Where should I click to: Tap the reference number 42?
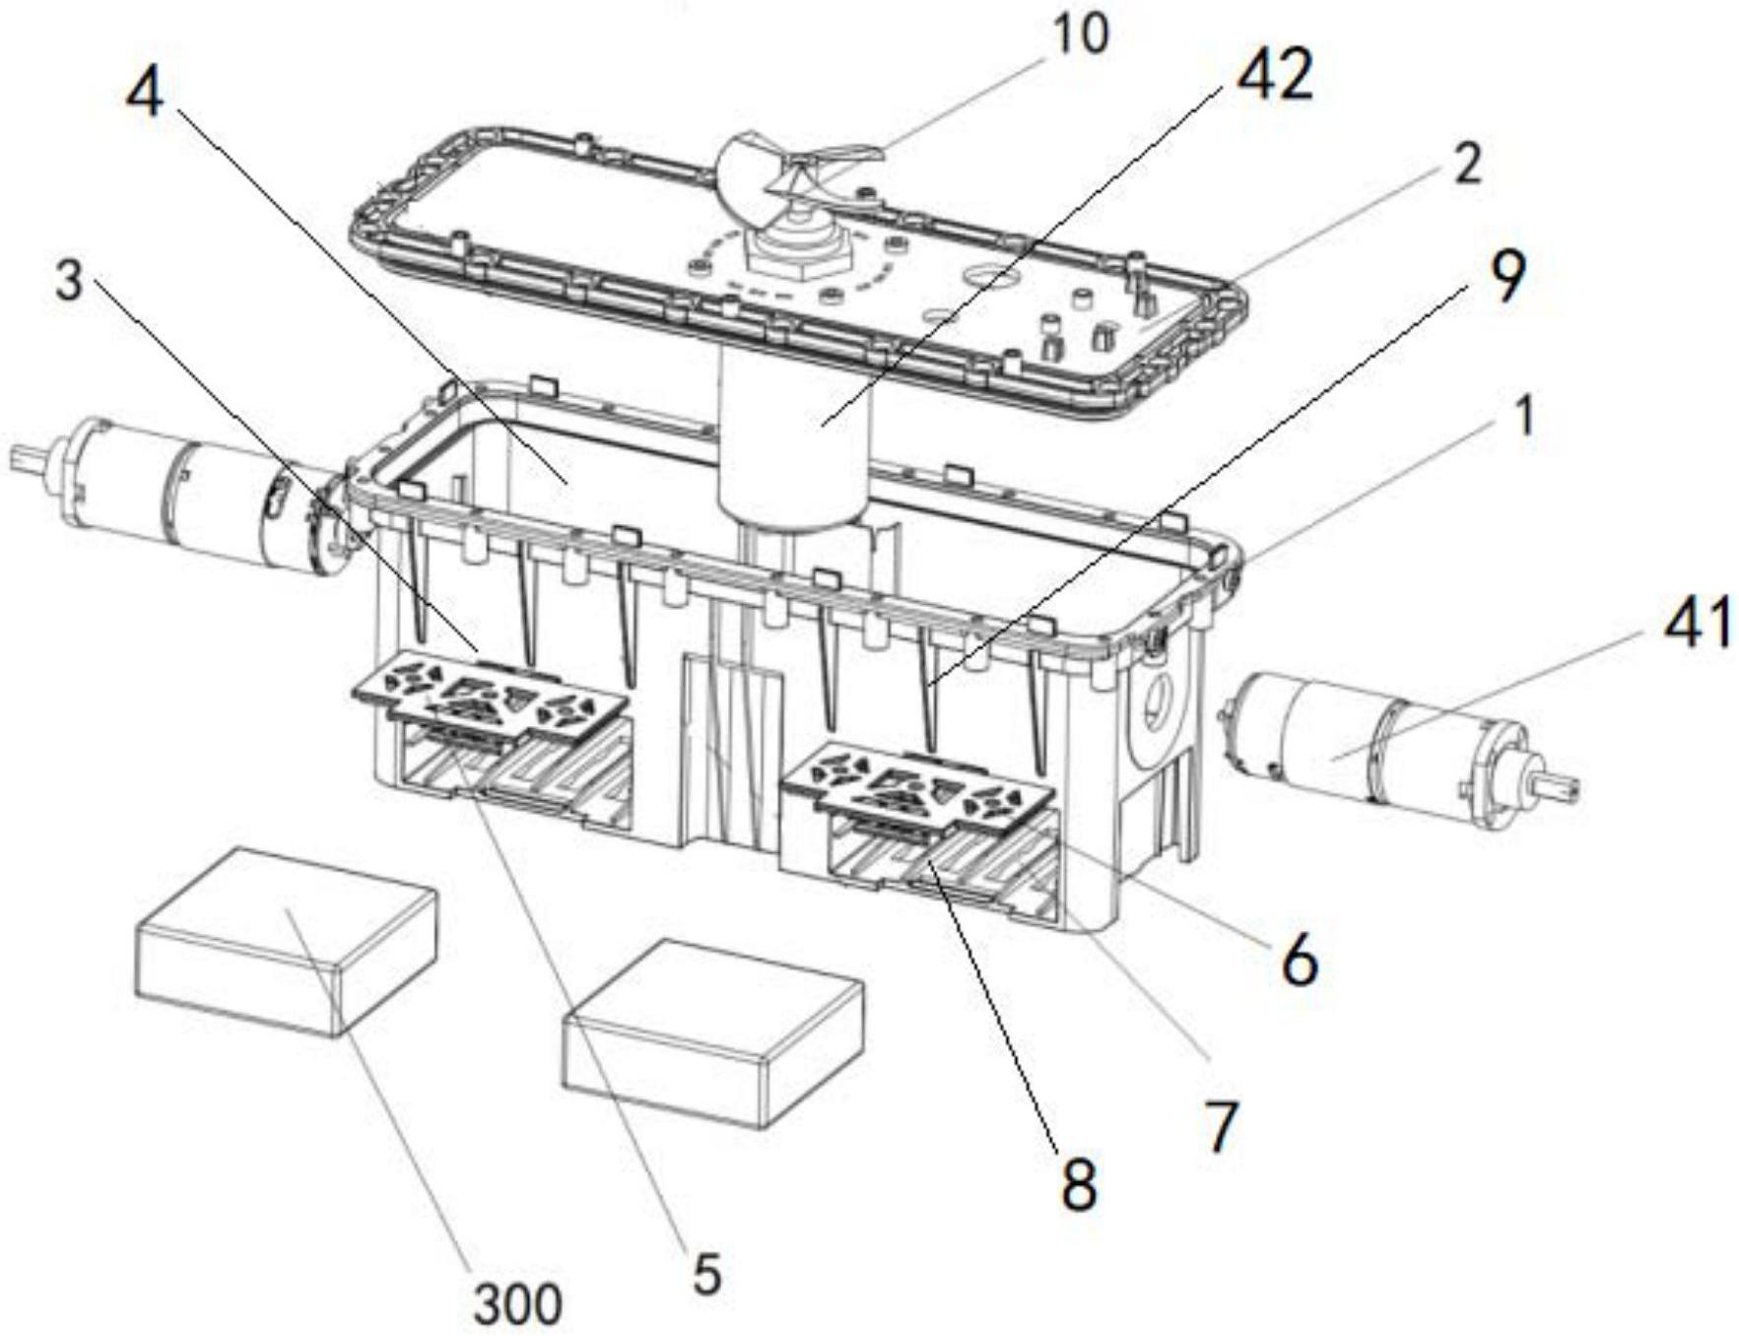[x=1274, y=75]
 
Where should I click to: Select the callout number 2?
[x=1467, y=164]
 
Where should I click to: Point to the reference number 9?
[x=1506, y=277]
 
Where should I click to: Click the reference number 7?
[x=1221, y=1128]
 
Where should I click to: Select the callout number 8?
[x=1077, y=1185]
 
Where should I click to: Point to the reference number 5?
[x=706, y=1274]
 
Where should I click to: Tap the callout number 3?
[x=68, y=282]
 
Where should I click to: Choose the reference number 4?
[x=145, y=96]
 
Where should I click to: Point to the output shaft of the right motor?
[x=1550, y=785]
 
